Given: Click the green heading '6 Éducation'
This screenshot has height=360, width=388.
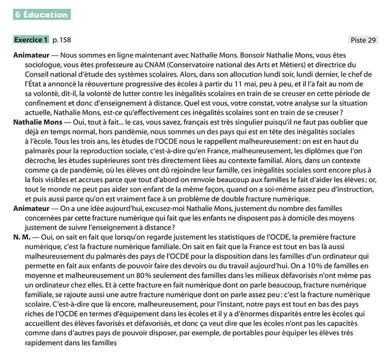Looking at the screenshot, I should [x=42, y=15].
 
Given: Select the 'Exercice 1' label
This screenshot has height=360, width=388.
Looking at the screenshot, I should [x=31, y=40].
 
